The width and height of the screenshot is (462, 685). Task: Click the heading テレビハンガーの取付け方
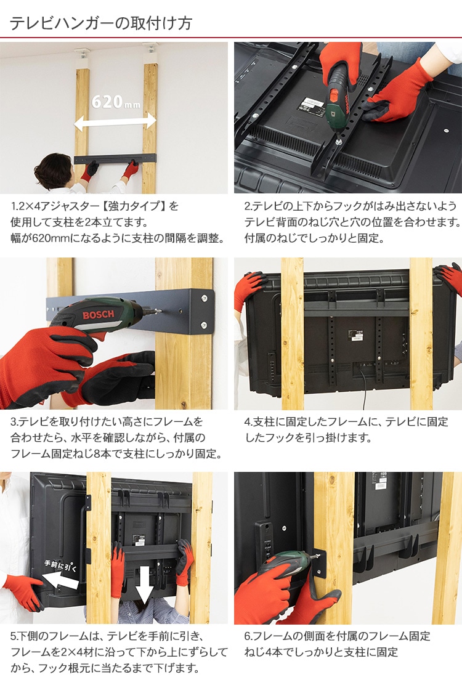[101, 23]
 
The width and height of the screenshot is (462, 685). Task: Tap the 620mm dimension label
[116, 102]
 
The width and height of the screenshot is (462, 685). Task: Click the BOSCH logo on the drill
[98, 315]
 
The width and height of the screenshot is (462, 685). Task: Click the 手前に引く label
[60, 565]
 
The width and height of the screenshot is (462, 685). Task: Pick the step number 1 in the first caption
[14, 206]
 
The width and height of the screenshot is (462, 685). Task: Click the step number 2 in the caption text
[248, 206]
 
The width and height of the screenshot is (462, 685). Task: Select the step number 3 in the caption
[14, 422]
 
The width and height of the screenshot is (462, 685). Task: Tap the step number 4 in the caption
[248, 422]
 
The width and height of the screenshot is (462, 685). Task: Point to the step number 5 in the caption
[14, 636]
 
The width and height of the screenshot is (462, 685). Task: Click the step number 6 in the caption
[248, 636]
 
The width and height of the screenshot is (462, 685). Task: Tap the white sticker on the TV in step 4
[355, 335]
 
